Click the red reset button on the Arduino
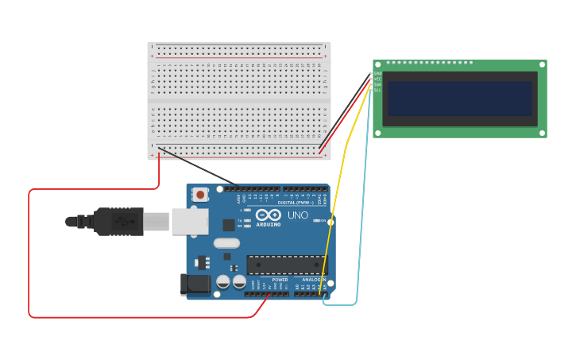tap(200, 194)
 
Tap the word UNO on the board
tap(297, 215)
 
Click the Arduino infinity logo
tap(268, 215)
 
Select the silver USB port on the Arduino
tap(190, 222)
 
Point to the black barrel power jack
tap(195, 285)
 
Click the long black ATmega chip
tap(285, 265)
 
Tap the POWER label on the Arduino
tap(280, 280)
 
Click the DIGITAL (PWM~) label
tap(294, 203)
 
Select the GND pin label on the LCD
tap(378, 74)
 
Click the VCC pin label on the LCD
tap(378, 79)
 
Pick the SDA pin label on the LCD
tap(378, 84)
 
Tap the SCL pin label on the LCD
tap(378, 90)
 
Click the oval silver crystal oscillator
tap(226, 243)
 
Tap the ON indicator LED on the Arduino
tap(318, 220)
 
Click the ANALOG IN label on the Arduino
tap(311, 280)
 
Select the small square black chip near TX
tap(229, 225)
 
